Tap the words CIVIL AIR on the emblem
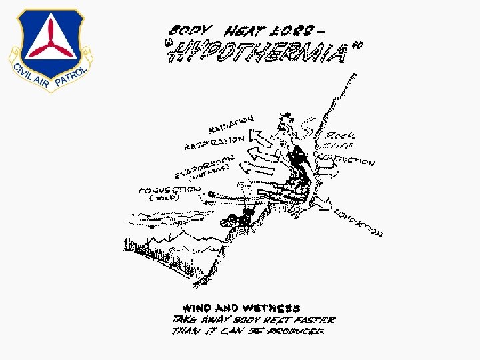tap(29, 75)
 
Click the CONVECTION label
tap(170, 189)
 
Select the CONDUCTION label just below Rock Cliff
tap(347, 159)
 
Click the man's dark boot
tap(237, 217)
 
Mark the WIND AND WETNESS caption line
tap(241, 308)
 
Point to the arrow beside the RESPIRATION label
tap(257, 138)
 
